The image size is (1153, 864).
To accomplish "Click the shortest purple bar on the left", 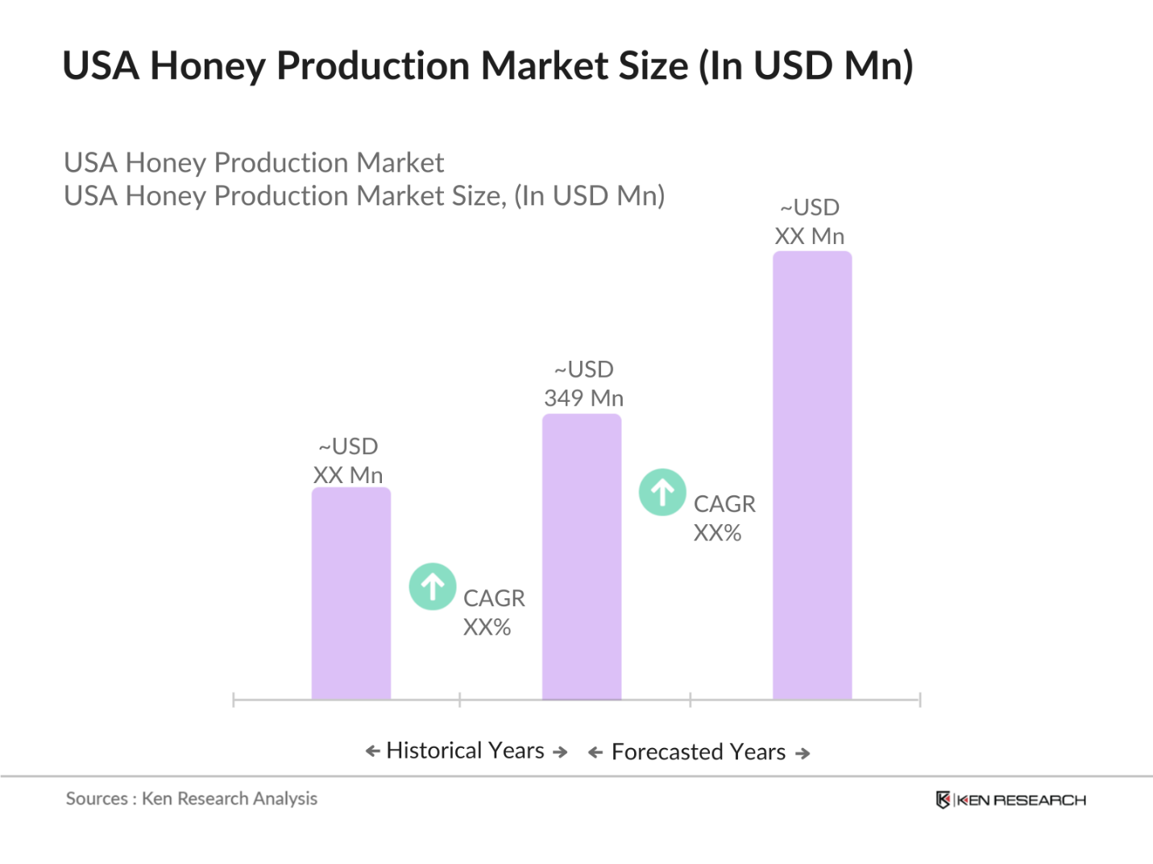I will [x=351, y=593].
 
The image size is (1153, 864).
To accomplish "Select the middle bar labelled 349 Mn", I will [x=582, y=556].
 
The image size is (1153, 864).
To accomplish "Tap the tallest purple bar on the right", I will [x=812, y=475].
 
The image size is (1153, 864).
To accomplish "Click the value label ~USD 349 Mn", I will [x=584, y=384].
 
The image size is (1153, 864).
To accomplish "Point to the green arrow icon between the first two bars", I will [x=433, y=586].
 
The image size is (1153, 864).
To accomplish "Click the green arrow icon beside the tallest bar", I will [x=662, y=492].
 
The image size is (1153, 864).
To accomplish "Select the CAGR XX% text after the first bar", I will [x=493, y=613].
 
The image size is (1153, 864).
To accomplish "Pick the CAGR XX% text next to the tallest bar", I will [x=724, y=519].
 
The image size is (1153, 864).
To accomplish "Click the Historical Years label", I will [x=466, y=750].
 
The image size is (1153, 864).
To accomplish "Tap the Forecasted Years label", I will [x=699, y=752].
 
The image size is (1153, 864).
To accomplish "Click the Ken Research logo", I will [x=1010, y=800].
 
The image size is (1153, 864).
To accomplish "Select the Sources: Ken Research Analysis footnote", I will [x=192, y=799].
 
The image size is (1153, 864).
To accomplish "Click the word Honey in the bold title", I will [x=208, y=66].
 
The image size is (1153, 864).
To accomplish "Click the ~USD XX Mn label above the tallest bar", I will [x=810, y=222].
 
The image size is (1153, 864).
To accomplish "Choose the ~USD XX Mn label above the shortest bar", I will [x=348, y=461].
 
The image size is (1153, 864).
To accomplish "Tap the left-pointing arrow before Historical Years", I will [x=372, y=751].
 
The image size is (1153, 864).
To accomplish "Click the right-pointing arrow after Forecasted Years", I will [x=803, y=754].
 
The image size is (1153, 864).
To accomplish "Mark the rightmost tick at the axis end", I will [x=919, y=700].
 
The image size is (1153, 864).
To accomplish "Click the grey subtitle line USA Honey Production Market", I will [x=254, y=163].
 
